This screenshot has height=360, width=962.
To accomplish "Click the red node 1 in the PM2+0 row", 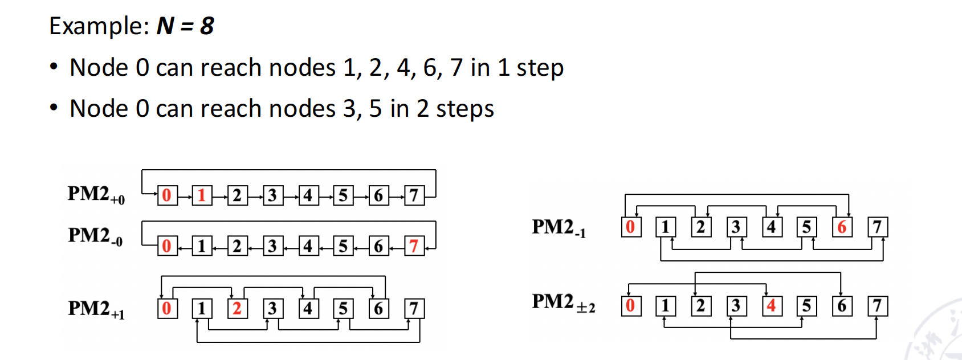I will pos(202,195).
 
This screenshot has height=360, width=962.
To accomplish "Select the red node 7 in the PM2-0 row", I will pos(414,246).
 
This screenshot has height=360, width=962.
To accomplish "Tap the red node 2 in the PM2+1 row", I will pos(237,309).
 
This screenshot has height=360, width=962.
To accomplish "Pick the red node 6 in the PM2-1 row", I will pos(842,227).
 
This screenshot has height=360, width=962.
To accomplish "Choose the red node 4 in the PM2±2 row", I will pos(771,306).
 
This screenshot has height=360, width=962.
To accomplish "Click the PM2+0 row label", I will pos(96,194).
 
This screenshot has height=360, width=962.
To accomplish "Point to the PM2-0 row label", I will pos(95,236).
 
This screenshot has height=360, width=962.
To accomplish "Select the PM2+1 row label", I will pos(96,309).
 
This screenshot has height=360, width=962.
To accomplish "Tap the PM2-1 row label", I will pos(559,227).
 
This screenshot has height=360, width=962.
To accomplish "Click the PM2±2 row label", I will pos(563,302).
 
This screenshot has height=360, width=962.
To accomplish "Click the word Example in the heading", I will pos(98,26).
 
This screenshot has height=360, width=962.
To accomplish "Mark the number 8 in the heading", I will pos(207,26).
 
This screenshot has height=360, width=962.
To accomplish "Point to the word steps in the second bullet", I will pos(464,109).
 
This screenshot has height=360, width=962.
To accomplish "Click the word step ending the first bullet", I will pos(540,68).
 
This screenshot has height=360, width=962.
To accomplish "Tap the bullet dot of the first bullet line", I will pos(54,67).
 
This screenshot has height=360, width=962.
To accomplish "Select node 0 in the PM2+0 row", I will pos(167,195).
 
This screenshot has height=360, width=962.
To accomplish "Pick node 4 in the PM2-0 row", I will pos(308,246).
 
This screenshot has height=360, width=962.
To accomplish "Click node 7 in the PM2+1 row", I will pos(414,309).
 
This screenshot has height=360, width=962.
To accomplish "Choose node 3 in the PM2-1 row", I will pos(736,227).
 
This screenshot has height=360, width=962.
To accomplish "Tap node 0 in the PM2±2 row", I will pos(630,306).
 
